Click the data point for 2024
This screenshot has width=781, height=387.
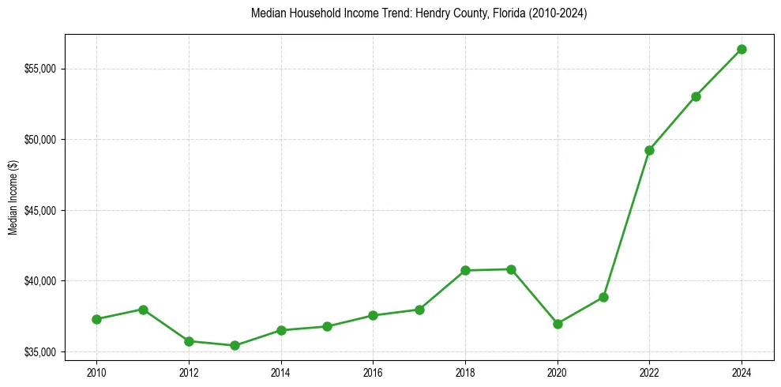click(x=742, y=49)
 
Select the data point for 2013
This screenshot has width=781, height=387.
click(x=235, y=345)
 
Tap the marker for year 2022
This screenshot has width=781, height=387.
click(x=649, y=150)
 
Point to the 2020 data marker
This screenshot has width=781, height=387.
click(x=558, y=324)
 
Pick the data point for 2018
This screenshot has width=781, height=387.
click(x=465, y=270)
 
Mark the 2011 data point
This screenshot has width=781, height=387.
click(x=143, y=310)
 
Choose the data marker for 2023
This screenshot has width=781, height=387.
click(x=696, y=96)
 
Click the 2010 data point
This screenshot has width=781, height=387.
click(x=96, y=319)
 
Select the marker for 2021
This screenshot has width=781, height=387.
click(x=603, y=297)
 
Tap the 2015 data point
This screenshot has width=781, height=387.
click(x=327, y=326)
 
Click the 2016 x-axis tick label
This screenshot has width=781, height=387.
click(x=373, y=372)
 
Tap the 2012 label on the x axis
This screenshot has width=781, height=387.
click(x=189, y=372)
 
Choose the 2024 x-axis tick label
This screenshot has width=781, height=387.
click(x=742, y=372)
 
